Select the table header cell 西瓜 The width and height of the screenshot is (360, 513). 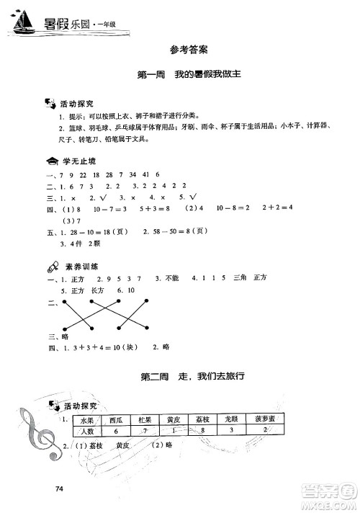117,419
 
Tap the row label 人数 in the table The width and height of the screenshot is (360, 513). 86,430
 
